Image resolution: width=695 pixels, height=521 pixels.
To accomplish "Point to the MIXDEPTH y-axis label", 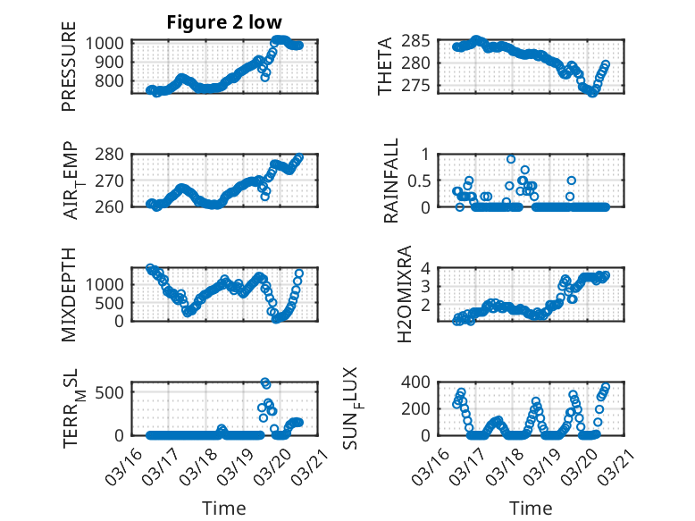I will pos(69,295).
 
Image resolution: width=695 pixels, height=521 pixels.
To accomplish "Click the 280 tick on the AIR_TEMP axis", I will pos(114,154).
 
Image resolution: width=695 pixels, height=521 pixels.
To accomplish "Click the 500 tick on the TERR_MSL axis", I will pos(114,391).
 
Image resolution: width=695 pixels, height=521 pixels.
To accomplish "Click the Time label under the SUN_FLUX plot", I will pos(531,508).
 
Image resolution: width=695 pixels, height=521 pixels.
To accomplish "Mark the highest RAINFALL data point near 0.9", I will pos(511,159).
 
